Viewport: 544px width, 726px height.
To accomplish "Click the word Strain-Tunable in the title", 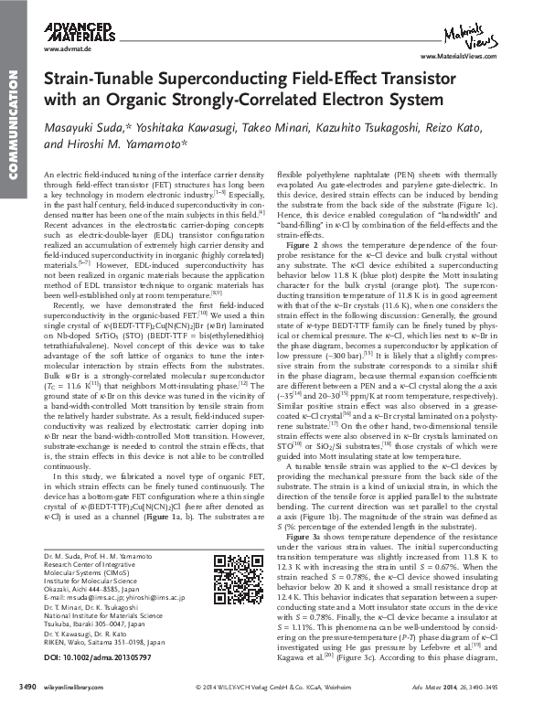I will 89,81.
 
